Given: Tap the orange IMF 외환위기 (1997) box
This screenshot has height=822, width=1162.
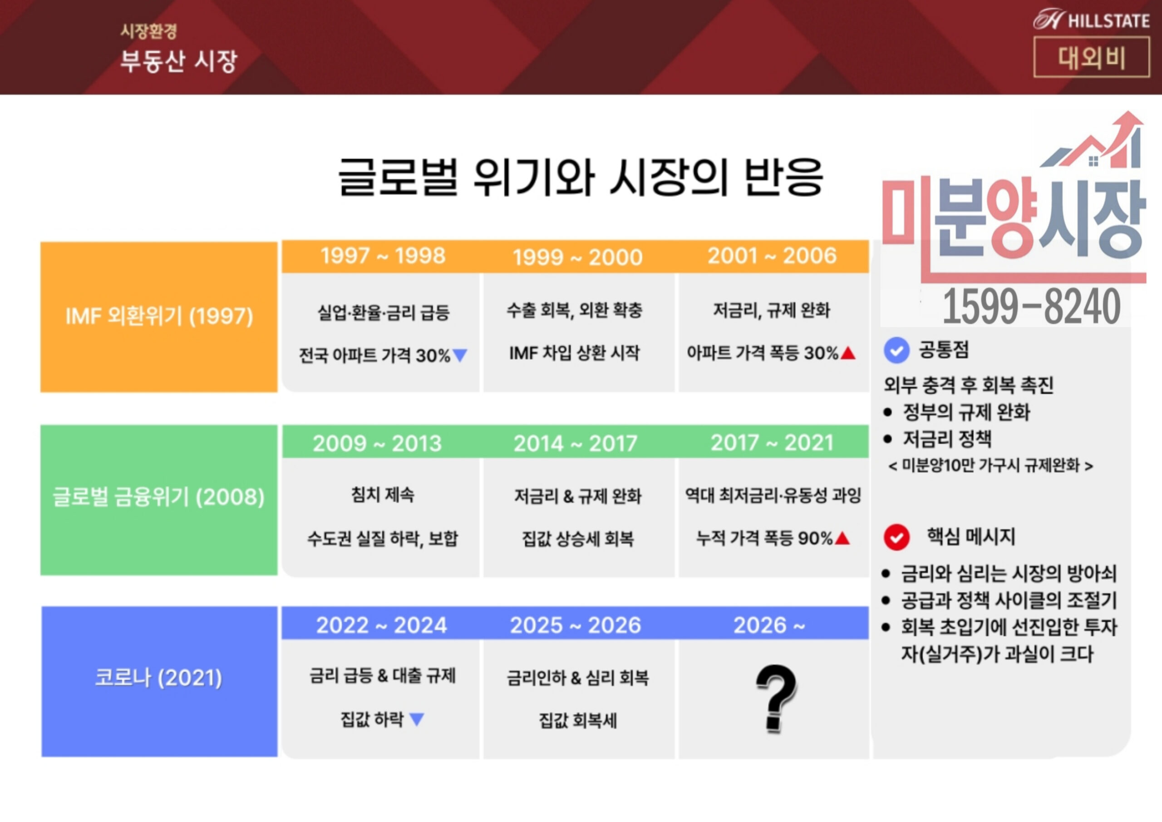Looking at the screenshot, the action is tap(159, 317).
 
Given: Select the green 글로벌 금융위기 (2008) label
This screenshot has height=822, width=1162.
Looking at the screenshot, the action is tap(159, 497).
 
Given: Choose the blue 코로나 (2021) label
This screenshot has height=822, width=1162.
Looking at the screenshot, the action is tap(159, 678).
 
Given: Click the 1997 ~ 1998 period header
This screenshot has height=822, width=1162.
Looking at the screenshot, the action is tap(383, 256).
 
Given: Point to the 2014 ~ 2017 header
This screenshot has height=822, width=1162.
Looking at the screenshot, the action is tap(576, 444).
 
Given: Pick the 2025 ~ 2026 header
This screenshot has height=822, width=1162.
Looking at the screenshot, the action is tap(576, 625).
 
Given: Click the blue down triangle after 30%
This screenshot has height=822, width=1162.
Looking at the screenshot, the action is tap(460, 355).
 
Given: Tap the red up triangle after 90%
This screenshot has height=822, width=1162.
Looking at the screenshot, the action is tap(842, 538).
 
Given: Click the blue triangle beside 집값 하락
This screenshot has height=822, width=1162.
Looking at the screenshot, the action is tap(417, 719).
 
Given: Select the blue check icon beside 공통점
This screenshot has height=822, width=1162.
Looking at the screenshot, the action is tap(896, 350).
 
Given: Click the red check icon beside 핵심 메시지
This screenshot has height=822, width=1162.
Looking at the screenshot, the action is tap(896, 537).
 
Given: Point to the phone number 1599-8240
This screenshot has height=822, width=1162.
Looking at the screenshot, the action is tap(1031, 306).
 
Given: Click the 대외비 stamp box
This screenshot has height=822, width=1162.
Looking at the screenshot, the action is tap(1092, 58).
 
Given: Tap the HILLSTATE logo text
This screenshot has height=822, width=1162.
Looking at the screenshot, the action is tap(1109, 21).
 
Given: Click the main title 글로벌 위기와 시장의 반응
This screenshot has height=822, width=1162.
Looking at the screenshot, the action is tap(581, 177).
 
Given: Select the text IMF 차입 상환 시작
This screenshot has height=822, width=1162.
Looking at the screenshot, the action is tap(575, 353).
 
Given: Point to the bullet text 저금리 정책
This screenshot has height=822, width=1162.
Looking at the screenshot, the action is tap(947, 439).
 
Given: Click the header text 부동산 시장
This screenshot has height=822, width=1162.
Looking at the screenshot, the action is tap(179, 61).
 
